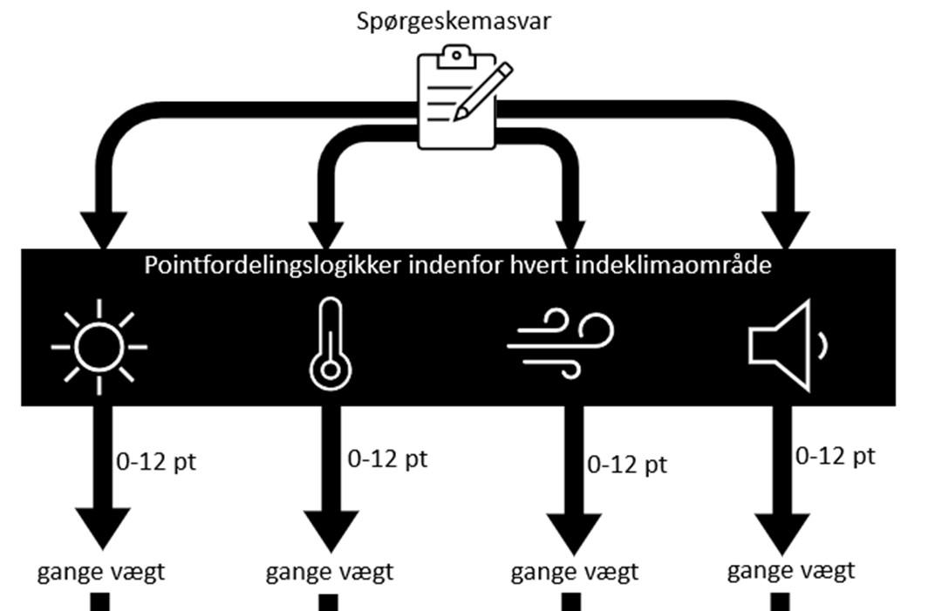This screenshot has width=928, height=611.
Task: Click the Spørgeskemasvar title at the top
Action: [454, 21]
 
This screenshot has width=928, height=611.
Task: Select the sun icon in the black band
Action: [99, 347]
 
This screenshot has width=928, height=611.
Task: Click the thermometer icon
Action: [329, 344]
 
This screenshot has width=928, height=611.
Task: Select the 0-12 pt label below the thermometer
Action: [387, 458]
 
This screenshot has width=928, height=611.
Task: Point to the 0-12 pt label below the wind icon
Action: [627, 464]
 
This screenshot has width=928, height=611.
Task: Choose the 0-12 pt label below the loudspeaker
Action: [836, 455]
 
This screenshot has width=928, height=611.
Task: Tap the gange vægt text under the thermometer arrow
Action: [330, 572]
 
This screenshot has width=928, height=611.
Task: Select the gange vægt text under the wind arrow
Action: [575, 572]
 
